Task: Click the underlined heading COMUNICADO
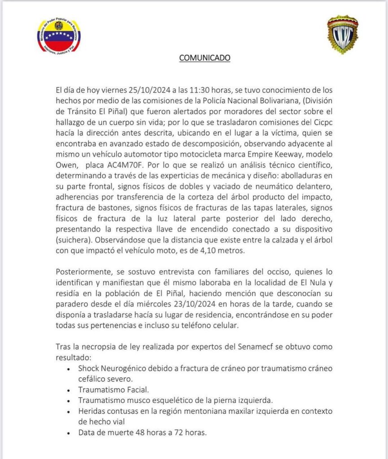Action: coord(205,58)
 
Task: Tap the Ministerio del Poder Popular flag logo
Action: coord(59,38)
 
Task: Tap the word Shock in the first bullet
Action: coord(88,368)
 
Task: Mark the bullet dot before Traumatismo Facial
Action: coord(68,390)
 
